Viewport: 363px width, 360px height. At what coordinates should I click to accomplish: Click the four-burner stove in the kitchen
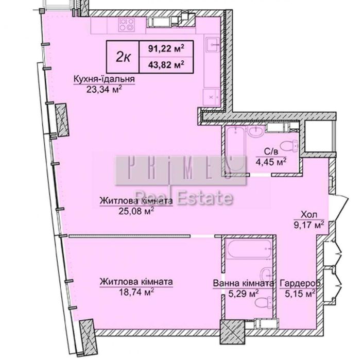click(x=126, y=25)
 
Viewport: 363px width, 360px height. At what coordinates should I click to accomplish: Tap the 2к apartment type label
click(x=124, y=57)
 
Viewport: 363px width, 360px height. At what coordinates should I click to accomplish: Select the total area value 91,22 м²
click(x=166, y=48)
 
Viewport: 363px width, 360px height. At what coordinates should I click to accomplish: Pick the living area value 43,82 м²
click(x=166, y=64)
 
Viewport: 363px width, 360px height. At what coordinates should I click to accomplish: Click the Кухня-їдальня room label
click(x=104, y=79)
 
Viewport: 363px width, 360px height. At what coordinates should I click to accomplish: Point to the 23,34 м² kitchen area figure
click(x=104, y=89)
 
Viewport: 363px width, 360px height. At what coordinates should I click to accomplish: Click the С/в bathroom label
click(x=271, y=151)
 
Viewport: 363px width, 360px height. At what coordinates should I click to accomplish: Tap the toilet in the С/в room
click(x=289, y=146)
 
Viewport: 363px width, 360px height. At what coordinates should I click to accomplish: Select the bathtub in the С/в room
click(x=235, y=150)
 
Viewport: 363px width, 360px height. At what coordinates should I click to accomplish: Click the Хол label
click(x=309, y=215)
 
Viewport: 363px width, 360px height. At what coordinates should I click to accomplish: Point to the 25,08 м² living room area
click(x=136, y=211)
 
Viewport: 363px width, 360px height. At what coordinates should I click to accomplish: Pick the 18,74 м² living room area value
click(x=136, y=292)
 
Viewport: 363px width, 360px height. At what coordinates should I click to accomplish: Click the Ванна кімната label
click(x=244, y=283)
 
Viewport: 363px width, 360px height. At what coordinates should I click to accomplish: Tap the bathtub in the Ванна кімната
click(x=249, y=249)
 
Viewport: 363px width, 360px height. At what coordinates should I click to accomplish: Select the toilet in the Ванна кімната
click(x=263, y=303)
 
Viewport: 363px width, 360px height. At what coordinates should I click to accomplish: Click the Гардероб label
click(x=300, y=283)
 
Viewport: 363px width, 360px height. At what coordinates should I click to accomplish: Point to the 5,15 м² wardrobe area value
click(x=300, y=294)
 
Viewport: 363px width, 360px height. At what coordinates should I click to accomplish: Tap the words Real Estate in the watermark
click(x=184, y=197)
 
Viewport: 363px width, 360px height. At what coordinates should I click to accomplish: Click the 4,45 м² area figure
click(x=271, y=162)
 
